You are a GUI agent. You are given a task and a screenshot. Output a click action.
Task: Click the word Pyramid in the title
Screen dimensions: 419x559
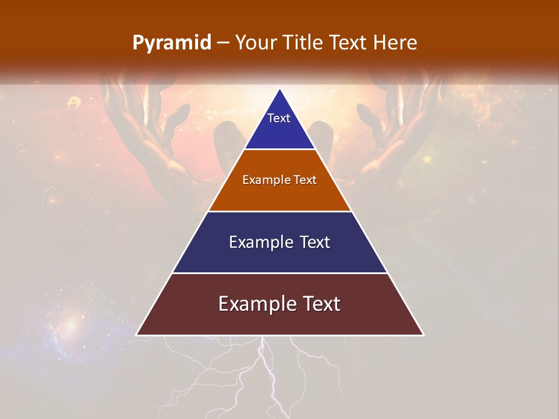172,43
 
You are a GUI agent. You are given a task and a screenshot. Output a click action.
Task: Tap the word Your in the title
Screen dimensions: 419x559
255,42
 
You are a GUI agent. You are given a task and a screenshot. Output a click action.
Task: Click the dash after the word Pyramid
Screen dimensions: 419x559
223,43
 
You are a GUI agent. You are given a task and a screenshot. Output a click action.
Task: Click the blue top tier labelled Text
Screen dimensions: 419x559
279,125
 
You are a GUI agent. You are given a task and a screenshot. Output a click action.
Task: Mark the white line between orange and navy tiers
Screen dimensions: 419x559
279,211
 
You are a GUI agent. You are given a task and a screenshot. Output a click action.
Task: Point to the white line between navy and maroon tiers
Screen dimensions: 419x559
279,273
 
